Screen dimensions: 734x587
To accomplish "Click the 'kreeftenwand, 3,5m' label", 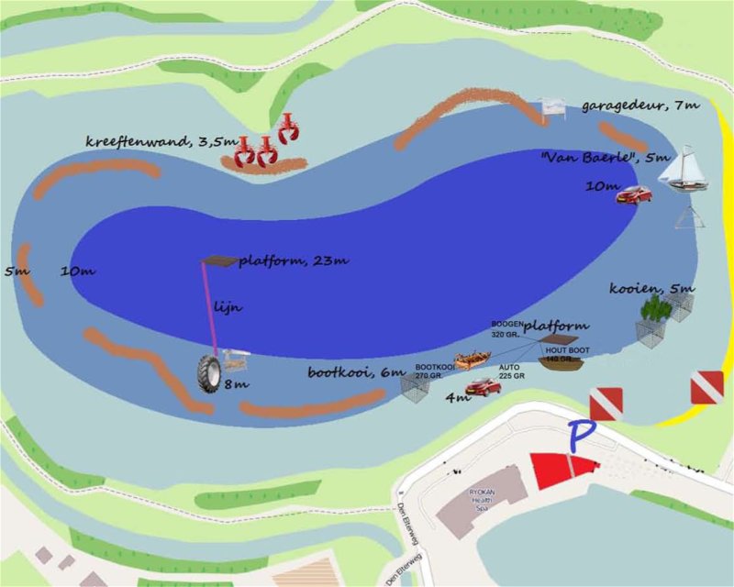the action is (161, 141).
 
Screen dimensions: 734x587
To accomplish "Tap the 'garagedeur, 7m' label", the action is (639, 106).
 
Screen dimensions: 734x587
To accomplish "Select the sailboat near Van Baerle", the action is (688, 171).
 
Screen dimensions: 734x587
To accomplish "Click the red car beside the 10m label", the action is (634, 194).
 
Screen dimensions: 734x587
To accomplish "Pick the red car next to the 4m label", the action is (483, 386).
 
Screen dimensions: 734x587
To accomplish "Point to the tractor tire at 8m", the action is (208, 374).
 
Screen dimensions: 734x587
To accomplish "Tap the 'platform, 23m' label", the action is (293, 261).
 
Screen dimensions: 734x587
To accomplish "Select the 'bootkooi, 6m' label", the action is (355, 372).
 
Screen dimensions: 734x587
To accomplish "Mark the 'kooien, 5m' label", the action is (651, 289).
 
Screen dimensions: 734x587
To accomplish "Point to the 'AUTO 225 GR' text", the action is (511, 371).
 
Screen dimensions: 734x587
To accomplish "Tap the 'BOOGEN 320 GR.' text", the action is (506, 329).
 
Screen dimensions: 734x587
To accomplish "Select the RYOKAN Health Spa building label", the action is (483, 496).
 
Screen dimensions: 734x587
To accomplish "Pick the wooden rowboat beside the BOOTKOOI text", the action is (473, 360).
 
